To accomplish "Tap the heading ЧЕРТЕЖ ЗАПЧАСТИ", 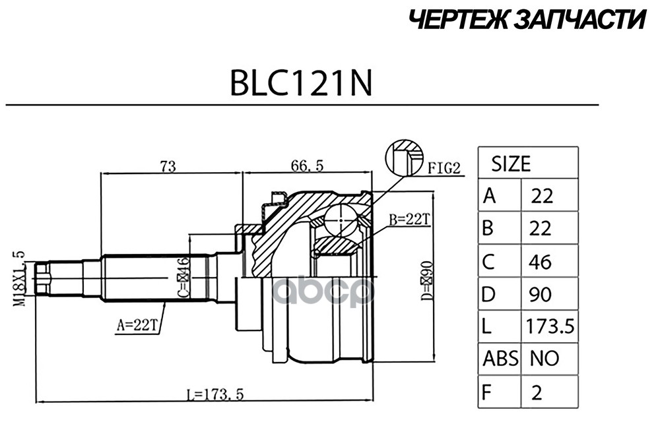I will (x=525, y=20).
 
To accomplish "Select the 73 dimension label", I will (x=168, y=166).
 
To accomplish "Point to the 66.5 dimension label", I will (x=307, y=166).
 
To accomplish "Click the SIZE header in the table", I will (x=510, y=163).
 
